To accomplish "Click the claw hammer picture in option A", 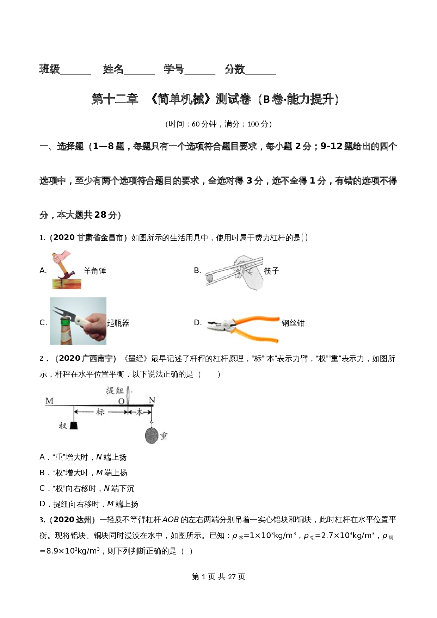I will [66, 270].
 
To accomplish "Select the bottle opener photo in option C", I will [78, 321].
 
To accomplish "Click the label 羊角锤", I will [95, 271].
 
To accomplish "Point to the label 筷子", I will [272, 271].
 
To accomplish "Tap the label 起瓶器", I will [118, 323].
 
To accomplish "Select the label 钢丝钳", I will [293, 323].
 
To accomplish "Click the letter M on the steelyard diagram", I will [49, 401].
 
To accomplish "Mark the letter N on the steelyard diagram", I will [152, 400].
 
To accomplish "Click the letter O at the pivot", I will [121, 401].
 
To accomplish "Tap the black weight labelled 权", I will [73, 425].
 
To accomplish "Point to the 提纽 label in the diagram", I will [115, 390].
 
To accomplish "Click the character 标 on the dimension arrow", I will [100, 412].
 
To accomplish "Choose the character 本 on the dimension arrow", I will [140, 412].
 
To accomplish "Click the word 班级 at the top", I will [50, 69].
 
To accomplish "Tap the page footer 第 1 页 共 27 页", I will [218, 577].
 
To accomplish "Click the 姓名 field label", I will [113, 69].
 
